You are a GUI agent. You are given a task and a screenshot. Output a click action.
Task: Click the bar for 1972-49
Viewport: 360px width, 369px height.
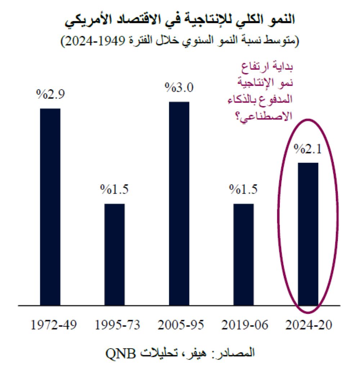pos(50,207)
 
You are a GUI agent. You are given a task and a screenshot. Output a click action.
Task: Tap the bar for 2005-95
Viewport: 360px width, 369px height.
pos(179,204)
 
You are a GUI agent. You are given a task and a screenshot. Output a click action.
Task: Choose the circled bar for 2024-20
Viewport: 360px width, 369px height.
pos(308,234)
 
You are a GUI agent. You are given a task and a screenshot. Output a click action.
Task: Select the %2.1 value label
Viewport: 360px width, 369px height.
pos(308,149)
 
